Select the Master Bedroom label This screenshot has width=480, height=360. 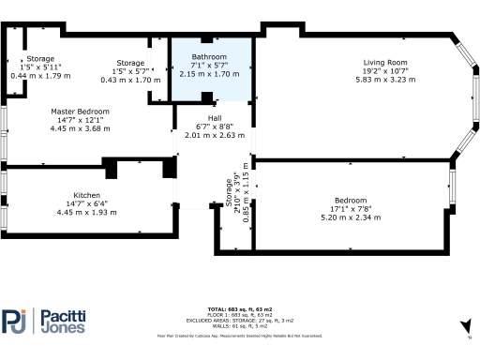80,112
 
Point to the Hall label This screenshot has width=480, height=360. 215,117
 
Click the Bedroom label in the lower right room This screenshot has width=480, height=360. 350,201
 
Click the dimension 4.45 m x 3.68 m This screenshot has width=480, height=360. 80,127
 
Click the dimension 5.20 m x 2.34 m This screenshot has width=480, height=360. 350,216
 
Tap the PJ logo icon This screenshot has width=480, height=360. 16,321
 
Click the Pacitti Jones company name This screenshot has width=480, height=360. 62,322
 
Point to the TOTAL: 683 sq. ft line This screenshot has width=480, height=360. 240,308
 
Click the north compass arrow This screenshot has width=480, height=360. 466,325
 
